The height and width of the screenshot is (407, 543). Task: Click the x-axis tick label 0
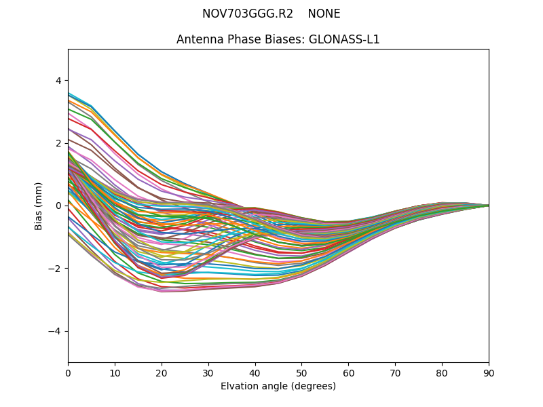pyautogui.click(x=68, y=372)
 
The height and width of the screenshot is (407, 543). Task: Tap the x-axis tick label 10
pyautogui.click(x=115, y=372)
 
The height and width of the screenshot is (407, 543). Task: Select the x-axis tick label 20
pyautogui.click(x=162, y=372)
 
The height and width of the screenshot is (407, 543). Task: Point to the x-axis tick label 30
pyautogui.click(x=208, y=372)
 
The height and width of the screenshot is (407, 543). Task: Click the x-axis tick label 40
pyautogui.click(x=255, y=372)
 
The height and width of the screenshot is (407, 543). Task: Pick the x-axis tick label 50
pyautogui.click(x=301, y=372)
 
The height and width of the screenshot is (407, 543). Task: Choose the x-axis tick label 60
pyautogui.click(x=348, y=372)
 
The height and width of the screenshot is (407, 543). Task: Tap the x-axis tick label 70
pyautogui.click(x=395, y=372)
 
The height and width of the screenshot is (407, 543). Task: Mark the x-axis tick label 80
pyautogui.click(x=442, y=372)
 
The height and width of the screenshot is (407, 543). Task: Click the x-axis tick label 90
pyautogui.click(x=489, y=372)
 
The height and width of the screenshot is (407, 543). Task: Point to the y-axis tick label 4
pyautogui.click(x=59, y=80)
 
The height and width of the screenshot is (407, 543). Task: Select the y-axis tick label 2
pyautogui.click(x=59, y=143)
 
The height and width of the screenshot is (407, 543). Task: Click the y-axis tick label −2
pyautogui.click(x=56, y=269)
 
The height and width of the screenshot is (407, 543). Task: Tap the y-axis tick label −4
pyautogui.click(x=56, y=331)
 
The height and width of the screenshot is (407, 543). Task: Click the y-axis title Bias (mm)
pyautogui.click(x=39, y=206)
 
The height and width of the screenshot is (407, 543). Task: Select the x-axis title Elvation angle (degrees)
pyautogui.click(x=278, y=386)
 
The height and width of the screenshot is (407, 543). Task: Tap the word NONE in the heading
pyautogui.click(x=324, y=14)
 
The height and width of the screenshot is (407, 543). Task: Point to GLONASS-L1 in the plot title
pyautogui.click(x=344, y=39)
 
